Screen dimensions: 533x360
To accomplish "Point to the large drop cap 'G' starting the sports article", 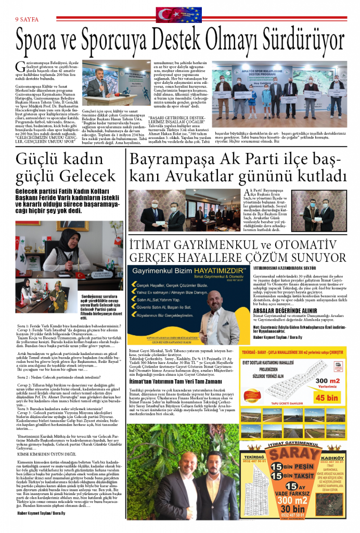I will (20, 67).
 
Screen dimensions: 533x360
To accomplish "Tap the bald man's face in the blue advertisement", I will (210, 301).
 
